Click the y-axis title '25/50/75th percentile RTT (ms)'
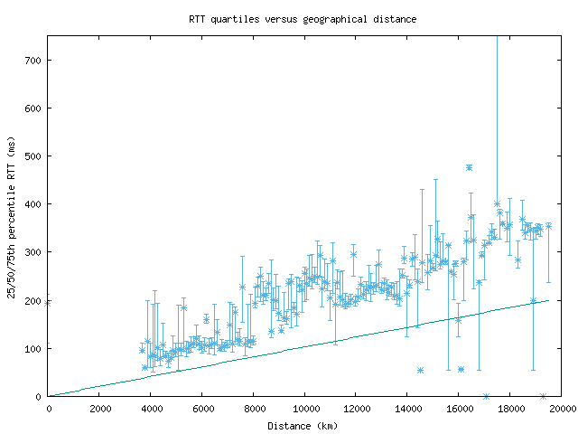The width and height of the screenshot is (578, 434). coord(12,215)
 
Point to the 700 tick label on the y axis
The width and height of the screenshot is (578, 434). coord(33,61)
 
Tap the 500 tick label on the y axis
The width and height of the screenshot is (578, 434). coord(33,156)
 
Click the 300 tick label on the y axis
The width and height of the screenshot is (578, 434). coord(33,252)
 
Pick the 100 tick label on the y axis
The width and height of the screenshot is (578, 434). coord(33,348)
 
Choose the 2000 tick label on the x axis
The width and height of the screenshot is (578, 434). coord(99,408)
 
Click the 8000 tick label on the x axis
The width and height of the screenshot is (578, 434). coord(254,408)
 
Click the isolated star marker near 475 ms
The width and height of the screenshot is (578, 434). coord(469,167)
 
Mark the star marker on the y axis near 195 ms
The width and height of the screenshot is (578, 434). coord(48,303)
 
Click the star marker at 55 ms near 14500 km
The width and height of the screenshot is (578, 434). coord(420,370)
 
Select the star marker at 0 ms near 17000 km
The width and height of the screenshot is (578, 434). coord(486,396)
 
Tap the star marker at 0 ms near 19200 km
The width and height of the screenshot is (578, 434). coord(543,396)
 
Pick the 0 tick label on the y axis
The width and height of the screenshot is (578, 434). coord(39,396)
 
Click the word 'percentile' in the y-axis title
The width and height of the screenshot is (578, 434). coord(12,226)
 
